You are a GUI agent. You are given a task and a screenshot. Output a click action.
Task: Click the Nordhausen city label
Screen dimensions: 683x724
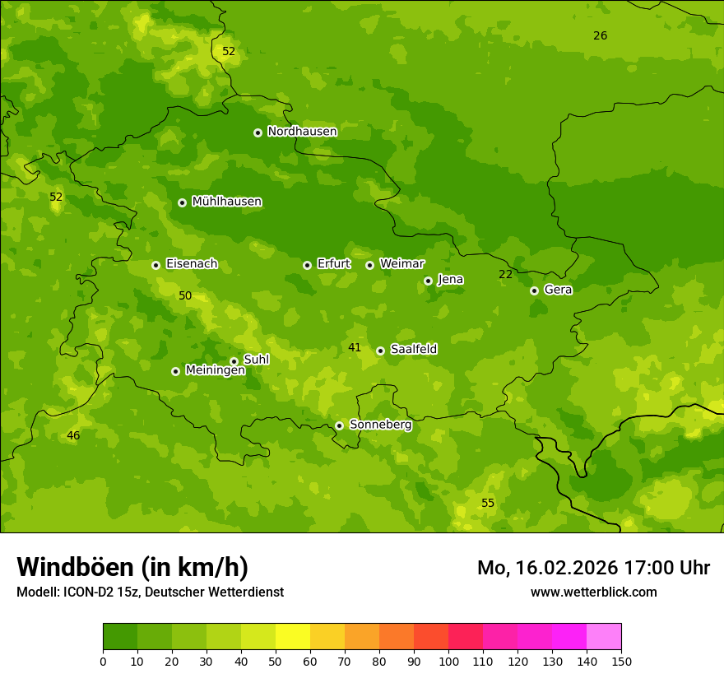[x=302, y=132]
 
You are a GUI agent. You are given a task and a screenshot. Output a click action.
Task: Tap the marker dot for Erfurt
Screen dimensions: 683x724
[x=307, y=265]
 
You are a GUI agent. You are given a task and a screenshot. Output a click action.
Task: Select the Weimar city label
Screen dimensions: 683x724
[x=401, y=263]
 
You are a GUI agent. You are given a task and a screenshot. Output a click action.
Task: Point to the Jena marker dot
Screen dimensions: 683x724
[x=428, y=281]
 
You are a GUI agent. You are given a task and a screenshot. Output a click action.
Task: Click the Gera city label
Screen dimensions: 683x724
[x=558, y=290]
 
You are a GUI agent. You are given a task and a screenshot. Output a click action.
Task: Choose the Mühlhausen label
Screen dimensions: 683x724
[x=226, y=202]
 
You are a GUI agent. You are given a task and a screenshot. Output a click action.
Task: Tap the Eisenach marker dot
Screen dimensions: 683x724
[x=155, y=265]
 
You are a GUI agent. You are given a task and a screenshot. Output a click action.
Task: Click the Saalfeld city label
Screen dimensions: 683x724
[x=413, y=349]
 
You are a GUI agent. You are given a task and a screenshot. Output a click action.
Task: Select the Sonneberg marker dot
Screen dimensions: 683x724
[x=339, y=425]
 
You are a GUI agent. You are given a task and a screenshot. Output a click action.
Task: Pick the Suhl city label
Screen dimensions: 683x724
[x=256, y=360]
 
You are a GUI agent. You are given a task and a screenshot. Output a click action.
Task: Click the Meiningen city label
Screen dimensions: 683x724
[x=215, y=370]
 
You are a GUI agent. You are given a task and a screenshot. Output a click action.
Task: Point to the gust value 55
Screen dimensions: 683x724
[x=488, y=503]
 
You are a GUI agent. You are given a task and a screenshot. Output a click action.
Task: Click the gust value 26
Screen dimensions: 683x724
[x=601, y=35]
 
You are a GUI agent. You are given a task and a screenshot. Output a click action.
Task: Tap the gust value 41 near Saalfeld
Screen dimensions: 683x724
[x=355, y=348]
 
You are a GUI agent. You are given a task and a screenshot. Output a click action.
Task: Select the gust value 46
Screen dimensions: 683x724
[x=73, y=435]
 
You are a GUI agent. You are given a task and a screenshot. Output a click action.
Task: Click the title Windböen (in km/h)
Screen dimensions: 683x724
[x=132, y=567]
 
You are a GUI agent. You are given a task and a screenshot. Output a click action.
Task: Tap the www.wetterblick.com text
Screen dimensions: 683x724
[x=593, y=592]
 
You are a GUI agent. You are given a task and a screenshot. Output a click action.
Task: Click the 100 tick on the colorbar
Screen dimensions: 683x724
[x=448, y=661]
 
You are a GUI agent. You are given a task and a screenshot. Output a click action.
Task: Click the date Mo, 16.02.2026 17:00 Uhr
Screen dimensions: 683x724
[x=593, y=568]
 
